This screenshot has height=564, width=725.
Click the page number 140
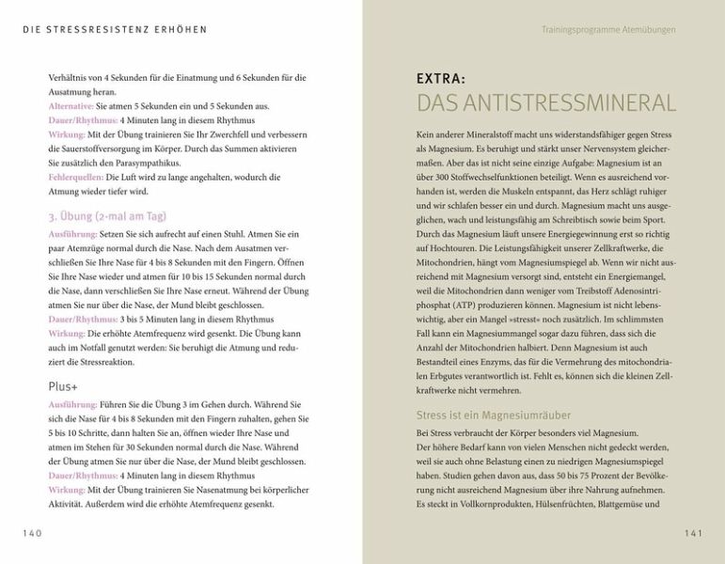point(33,533)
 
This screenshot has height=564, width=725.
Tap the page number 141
point(693,533)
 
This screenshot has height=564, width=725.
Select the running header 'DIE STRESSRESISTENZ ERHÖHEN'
point(115,30)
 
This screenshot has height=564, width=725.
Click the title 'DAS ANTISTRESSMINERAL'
point(545,103)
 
